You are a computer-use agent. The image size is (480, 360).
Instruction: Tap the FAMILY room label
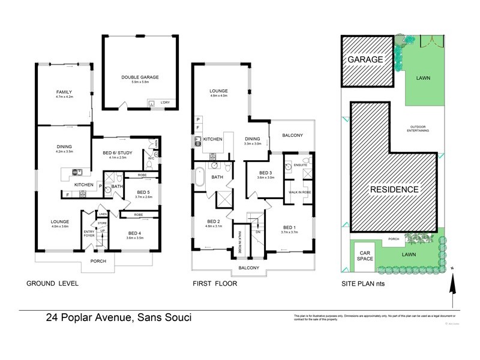coord(64,92)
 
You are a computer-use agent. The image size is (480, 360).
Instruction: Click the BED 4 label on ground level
coord(136,235)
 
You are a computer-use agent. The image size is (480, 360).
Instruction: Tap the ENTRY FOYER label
coord(89,233)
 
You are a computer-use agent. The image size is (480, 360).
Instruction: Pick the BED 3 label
coord(265,174)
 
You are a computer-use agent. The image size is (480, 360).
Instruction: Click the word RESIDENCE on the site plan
coord(394,189)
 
